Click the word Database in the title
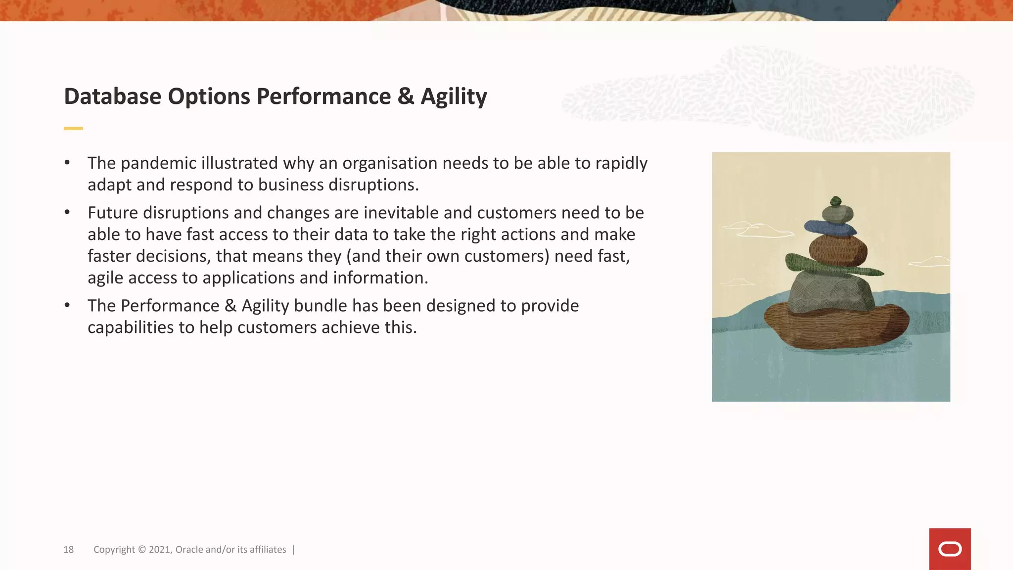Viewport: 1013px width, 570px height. pos(113,96)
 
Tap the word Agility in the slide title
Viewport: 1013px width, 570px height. pos(454,97)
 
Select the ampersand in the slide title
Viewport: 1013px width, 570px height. pos(406,96)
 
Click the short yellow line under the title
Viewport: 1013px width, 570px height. pos(73,129)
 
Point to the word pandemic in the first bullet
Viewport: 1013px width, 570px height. pos(158,163)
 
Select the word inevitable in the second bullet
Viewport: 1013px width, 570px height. pos(401,213)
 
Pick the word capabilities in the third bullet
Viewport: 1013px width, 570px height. pos(131,328)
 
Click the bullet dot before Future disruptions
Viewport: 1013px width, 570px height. pos(67,213)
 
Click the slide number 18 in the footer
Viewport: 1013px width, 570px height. pos(68,550)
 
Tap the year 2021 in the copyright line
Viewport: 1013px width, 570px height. pos(159,550)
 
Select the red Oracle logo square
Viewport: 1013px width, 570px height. pos(950,549)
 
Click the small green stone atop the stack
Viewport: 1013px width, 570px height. pos(835,201)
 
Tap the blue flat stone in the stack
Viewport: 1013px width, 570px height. pos(830,228)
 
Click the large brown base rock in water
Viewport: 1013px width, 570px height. pos(836,327)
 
